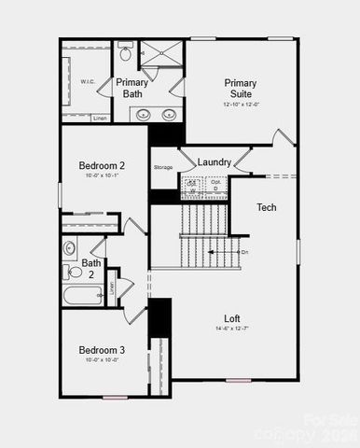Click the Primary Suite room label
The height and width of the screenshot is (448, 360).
[x=240, y=88]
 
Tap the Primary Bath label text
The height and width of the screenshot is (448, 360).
[x=132, y=88]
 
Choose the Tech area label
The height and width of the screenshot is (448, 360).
[x=267, y=206]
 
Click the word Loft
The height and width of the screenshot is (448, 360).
[x=233, y=317]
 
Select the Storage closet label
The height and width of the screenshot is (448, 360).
[x=163, y=167]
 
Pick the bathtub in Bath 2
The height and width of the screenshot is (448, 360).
[x=82, y=297]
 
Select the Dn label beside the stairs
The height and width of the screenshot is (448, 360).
[x=244, y=252]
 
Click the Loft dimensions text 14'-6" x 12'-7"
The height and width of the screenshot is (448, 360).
[x=233, y=329]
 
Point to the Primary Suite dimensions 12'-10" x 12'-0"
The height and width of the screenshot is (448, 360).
[x=240, y=104]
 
